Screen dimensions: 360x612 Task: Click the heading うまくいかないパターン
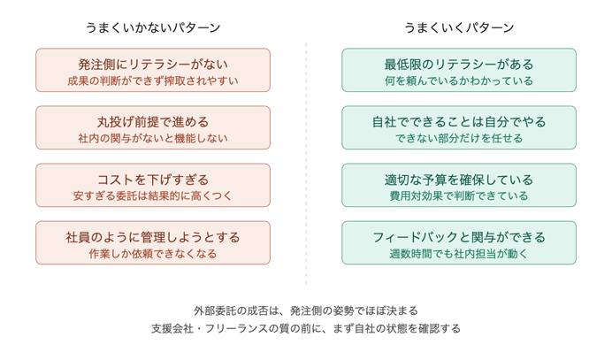153,27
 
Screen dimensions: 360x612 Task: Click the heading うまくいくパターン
459,27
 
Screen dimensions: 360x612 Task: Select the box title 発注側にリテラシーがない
153,64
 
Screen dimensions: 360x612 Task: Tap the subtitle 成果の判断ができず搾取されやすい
153,81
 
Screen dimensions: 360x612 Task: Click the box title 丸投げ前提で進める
153,121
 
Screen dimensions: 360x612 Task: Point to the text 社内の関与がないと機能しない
153,139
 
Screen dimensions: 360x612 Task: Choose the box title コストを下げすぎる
153,179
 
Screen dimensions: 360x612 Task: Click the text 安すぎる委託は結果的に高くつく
153,196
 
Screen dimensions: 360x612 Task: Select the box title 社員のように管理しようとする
153,236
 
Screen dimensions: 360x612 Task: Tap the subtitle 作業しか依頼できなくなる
153,254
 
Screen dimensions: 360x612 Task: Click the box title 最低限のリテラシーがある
459,64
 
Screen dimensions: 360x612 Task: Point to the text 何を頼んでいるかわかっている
459,81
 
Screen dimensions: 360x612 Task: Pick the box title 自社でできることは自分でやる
459,121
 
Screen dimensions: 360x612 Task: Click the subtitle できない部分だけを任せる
459,139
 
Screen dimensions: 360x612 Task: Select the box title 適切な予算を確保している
459,179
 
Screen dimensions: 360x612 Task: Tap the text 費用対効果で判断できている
459,196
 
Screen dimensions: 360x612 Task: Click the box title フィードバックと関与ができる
459,236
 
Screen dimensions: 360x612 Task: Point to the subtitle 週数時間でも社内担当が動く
459,254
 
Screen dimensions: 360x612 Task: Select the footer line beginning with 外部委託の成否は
306,310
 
